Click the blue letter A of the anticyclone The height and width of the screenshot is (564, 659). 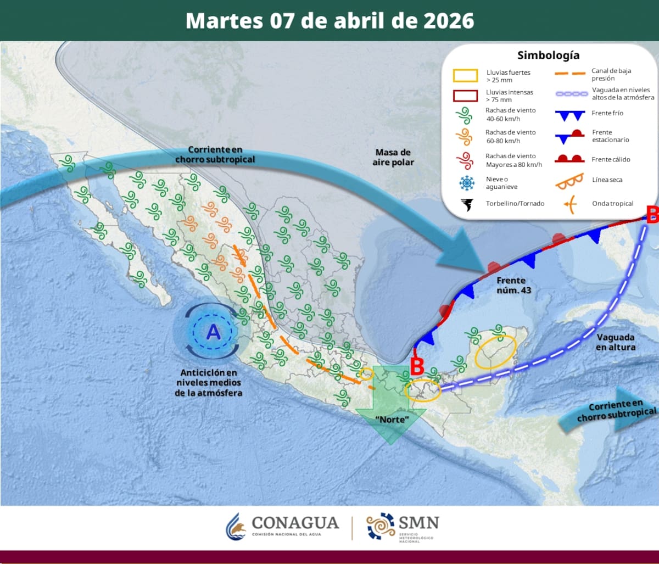[213, 332]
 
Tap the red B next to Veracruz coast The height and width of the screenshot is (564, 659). [417, 366]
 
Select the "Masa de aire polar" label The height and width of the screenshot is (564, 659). [393, 157]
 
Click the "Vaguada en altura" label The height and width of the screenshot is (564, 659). [615, 342]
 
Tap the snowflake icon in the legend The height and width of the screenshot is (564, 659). [467, 183]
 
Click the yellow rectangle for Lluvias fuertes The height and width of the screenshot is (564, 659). [465, 75]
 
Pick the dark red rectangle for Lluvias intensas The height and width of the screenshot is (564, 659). [465, 96]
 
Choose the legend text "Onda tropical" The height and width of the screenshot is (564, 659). [612, 204]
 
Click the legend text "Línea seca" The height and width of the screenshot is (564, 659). [607, 180]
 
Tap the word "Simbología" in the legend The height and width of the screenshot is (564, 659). [548, 55]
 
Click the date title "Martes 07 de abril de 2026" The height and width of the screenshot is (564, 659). [329, 20]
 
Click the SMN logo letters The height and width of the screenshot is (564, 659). [420, 522]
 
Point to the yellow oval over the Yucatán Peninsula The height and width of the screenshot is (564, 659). [496, 351]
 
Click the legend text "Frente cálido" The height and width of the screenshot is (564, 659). [611, 159]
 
